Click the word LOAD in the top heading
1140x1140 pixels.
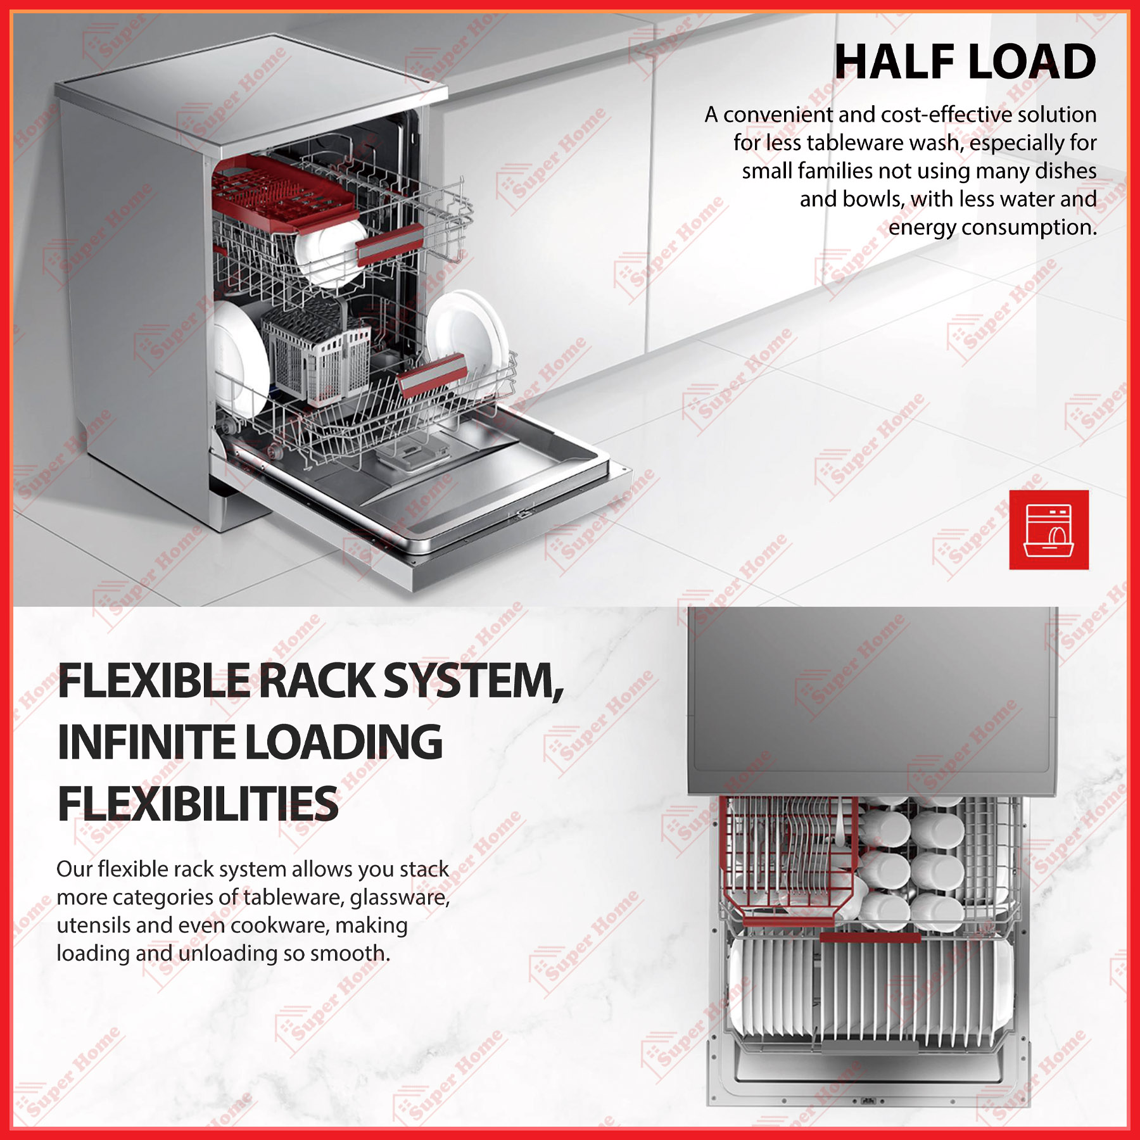point(1032,62)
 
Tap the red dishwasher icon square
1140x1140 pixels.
point(1049,529)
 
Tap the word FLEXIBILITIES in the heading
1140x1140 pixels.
point(198,804)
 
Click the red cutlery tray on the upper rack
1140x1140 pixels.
point(282,187)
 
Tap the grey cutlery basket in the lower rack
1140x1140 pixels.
point(317,355)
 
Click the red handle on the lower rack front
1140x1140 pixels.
point(433,375)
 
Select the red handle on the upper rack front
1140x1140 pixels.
point(390,244)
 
